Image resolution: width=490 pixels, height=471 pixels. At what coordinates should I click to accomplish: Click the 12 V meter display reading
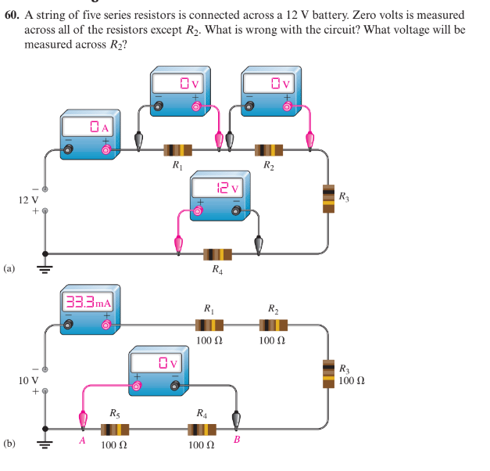pos(228,189)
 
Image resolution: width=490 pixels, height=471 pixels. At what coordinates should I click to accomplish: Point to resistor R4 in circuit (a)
pos(217,254)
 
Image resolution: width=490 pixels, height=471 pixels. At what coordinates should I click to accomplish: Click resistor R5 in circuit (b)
pos(115,429)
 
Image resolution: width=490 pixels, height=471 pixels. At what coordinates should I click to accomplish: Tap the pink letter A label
pos(81,440)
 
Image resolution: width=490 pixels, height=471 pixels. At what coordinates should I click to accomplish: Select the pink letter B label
pos(238,440)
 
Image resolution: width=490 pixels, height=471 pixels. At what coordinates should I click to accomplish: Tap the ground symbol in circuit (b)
pos(45,442)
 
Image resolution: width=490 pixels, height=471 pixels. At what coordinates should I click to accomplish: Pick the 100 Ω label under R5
pos(114,445)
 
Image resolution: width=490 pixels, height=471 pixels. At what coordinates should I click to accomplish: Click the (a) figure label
pos(9,268)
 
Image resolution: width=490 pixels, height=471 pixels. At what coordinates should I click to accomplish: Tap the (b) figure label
pos(9,444)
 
